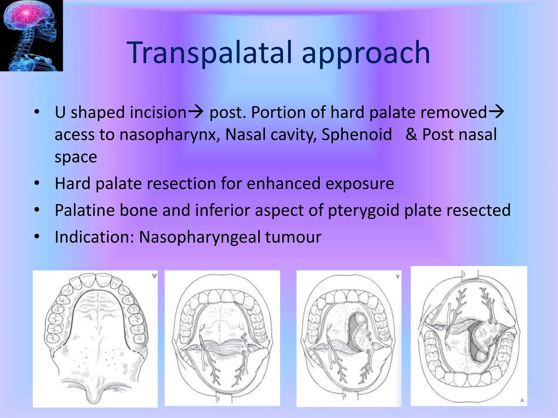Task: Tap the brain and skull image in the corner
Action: (31, 35)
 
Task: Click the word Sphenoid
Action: (357, 134)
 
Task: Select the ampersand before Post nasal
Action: (411, 134)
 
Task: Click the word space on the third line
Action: (76, 157)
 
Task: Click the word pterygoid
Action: (364, 210)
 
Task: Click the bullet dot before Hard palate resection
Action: (37, 183)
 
